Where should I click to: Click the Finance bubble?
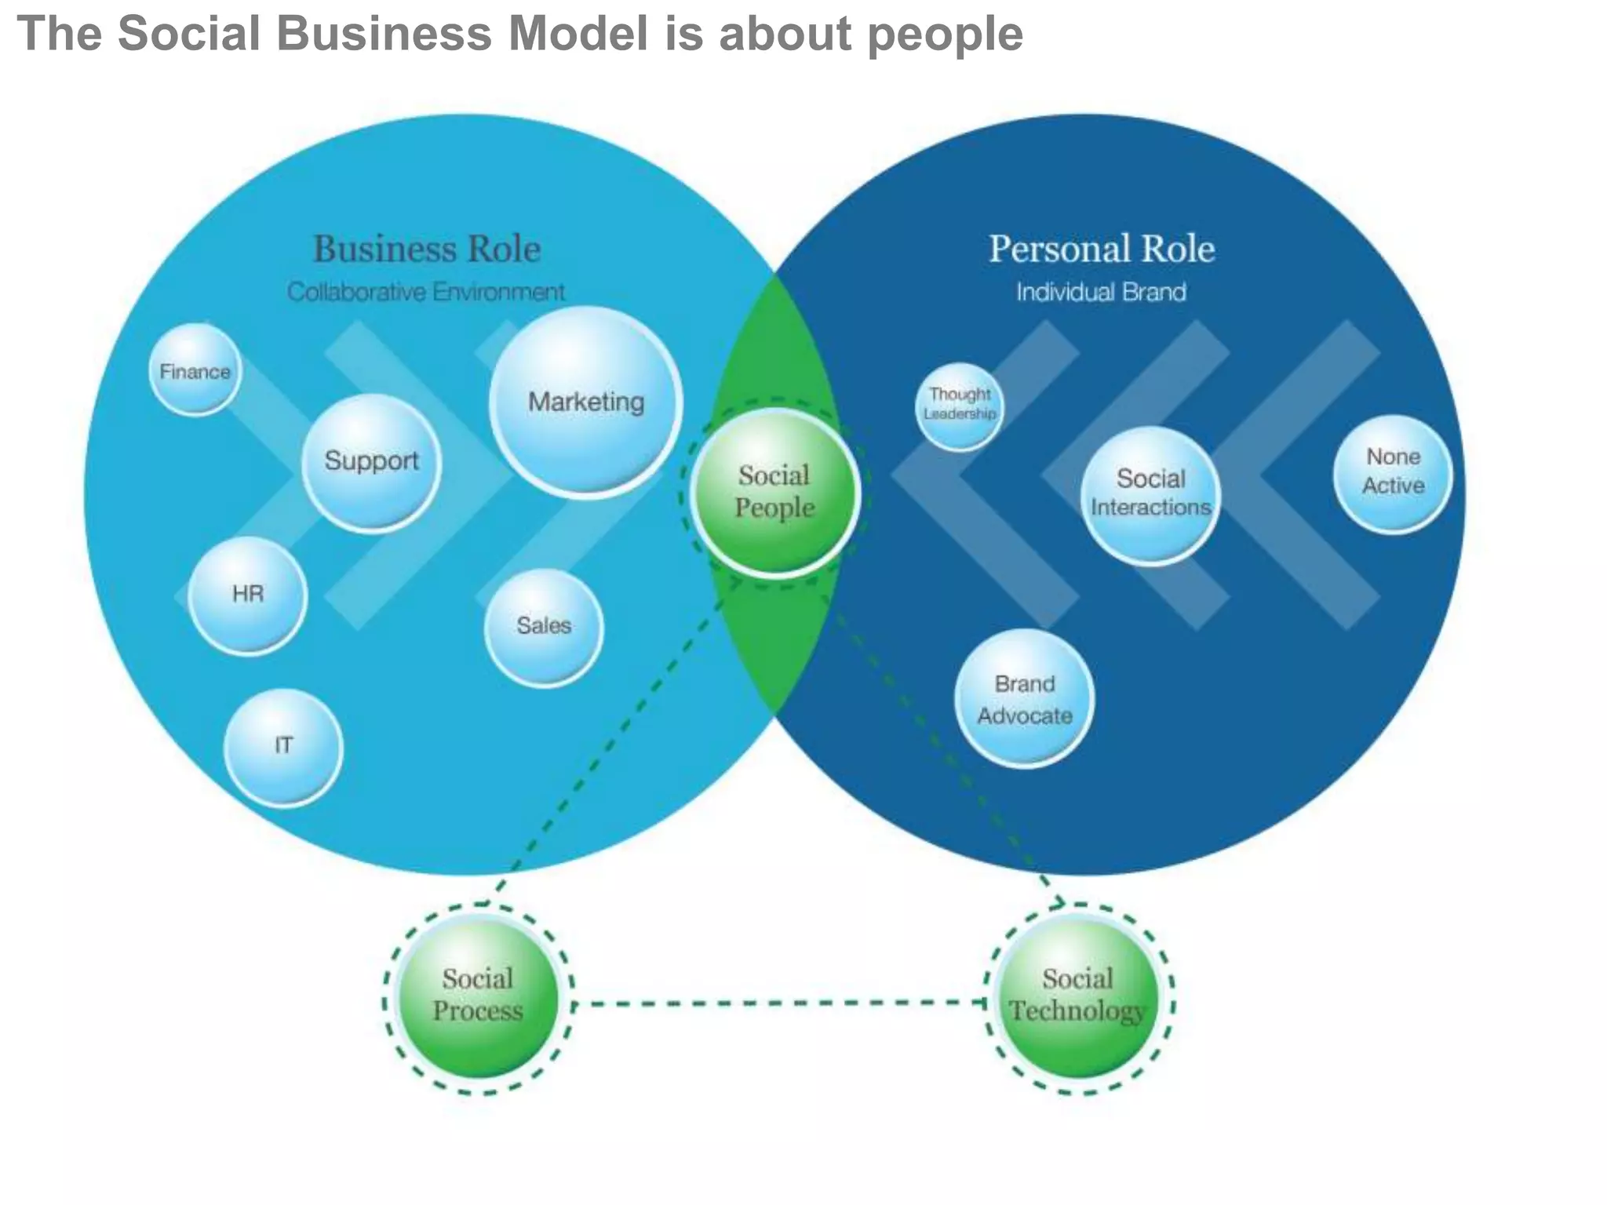[x=195, y=370]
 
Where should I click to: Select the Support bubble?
[x=371, y=463]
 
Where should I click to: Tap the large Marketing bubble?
[x=586, y=402]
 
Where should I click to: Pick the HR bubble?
[x=247, y=595]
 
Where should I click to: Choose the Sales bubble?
[x=543, y=627]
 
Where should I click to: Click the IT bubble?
[x=283, y=746]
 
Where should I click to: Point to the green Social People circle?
[x=775, y=493]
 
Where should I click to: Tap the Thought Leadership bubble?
[x=960, y=406]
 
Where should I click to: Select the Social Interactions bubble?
[x=1150, y=494]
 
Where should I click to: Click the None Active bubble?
[x=1393, y=473]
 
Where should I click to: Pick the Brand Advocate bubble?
[x=1024, y=698]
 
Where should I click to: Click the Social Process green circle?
[x=478, y=997]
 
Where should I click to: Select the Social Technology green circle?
[x=1078, y=997]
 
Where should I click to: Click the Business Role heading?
[x=427, y=249]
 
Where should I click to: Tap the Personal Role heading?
[x=1101, y=249]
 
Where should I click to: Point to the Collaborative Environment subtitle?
[x=425, y=292]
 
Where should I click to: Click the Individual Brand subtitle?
[x=1101, y=292]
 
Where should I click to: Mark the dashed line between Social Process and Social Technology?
[x=777, y=1003]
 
